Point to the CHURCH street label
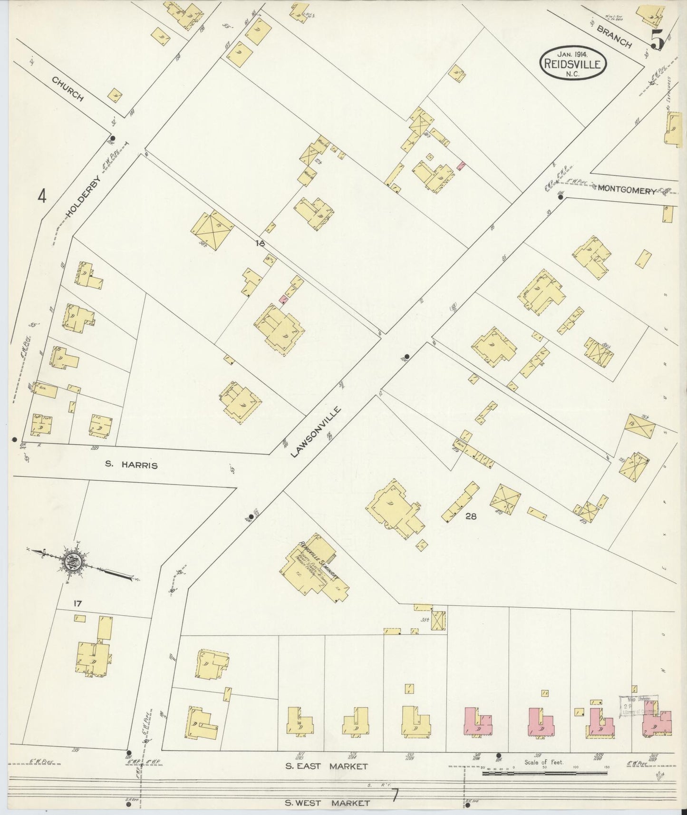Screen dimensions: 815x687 [x=67, y=90]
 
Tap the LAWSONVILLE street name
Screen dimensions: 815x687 [x=316, y=432]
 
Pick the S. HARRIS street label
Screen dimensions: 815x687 [x=131, y=466]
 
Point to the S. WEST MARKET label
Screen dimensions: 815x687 [x=327, y=803]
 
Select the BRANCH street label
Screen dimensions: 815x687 [x=614, y=37]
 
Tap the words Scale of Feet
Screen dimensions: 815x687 [x=544, y=762]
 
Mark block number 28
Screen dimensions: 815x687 [x=471, y=515]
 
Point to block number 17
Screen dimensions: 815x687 [x=78, y=604]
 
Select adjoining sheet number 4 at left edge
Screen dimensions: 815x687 [x=43, y=195]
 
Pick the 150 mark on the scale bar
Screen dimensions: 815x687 [x=607, y=766]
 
